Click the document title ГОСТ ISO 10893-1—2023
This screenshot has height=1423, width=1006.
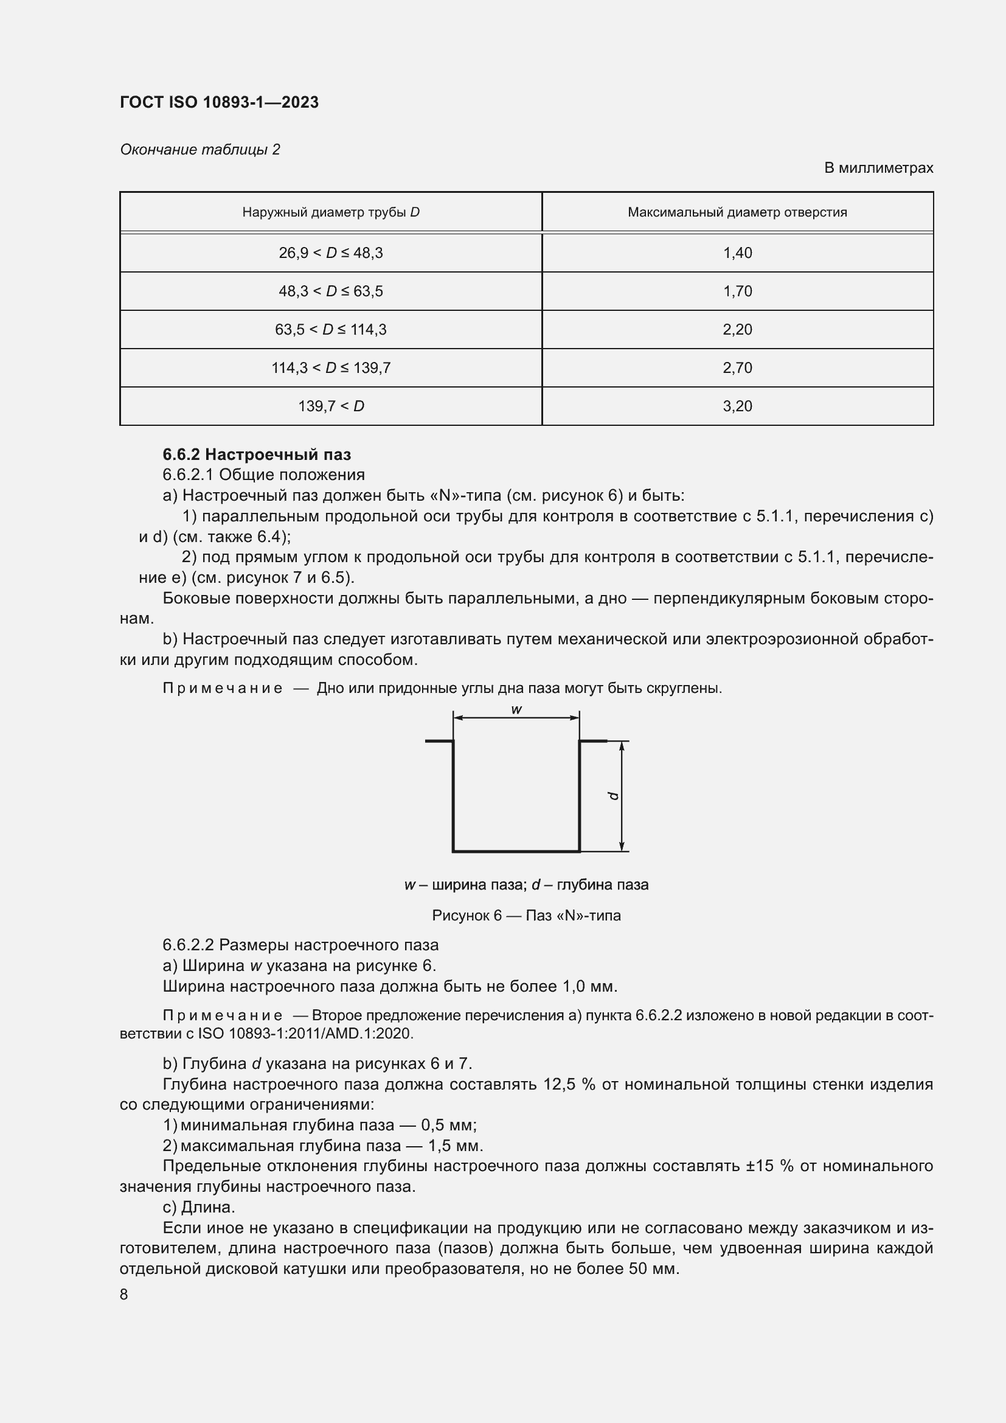[220, 102]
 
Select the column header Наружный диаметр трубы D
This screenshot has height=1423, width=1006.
[331, 212]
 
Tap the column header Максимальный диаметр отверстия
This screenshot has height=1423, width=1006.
[737, 212]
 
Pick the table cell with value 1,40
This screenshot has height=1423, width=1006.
[737, 253]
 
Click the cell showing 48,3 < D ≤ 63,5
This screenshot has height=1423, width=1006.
[331, 291]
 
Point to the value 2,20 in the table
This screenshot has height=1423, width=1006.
[737, 330]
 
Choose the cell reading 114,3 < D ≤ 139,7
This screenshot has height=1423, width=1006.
[331, 368]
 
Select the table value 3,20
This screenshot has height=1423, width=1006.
[737, 406]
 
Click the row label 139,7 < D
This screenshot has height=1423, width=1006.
[331, 406]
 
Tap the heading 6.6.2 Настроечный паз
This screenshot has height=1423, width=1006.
[257, 454]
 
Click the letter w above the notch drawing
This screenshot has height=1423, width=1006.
[516, 709]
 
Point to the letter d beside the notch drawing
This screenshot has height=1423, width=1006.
[613, 796]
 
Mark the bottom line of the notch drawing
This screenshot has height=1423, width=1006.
[516, 851]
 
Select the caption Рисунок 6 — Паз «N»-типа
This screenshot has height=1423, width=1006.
[526, 916]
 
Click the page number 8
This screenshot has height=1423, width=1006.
[124, 1294]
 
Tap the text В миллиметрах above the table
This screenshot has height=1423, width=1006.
[878, 168]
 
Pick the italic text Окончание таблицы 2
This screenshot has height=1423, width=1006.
[200, 150]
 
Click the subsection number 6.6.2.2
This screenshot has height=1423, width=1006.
[188, 945]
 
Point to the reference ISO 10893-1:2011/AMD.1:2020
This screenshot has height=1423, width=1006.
[305, 1033]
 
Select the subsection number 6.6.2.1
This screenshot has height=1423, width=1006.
[188, 475]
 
